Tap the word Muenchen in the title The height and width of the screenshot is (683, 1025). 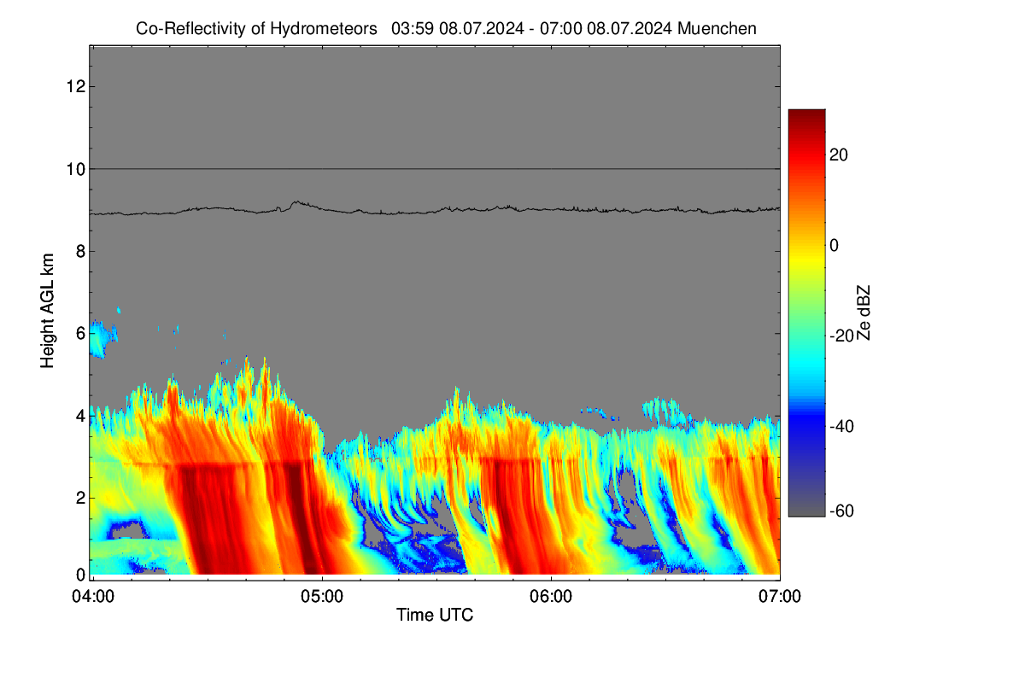click(717, 29)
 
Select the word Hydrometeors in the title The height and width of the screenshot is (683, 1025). click(324, 29)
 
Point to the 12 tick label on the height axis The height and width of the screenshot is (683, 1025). click(76, 86)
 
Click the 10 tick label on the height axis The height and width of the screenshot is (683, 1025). click(76, 169)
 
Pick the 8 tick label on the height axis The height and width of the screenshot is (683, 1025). click(81, 251)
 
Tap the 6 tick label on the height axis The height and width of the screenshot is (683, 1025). click(81, 334)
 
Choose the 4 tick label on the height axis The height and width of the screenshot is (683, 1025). click(81, 416)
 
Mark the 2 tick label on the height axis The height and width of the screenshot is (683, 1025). click(81, 498)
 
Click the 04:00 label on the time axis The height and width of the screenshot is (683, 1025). click(93, 597)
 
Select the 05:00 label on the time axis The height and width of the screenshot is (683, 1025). click(322, 597)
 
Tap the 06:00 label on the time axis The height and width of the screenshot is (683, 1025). click(551, 597)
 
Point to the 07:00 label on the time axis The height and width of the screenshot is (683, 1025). click(780, 597)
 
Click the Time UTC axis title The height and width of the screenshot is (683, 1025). click(435, 615)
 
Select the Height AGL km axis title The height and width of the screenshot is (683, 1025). click(47, 311)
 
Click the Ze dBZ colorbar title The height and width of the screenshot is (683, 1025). click(863, 312)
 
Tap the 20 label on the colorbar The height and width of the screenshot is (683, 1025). click(839, 155)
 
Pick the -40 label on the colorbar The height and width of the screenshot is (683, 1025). click(842, 426)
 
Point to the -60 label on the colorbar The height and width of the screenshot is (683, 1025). click(842, 511)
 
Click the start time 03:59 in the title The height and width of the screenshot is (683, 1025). click(413, 29)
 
